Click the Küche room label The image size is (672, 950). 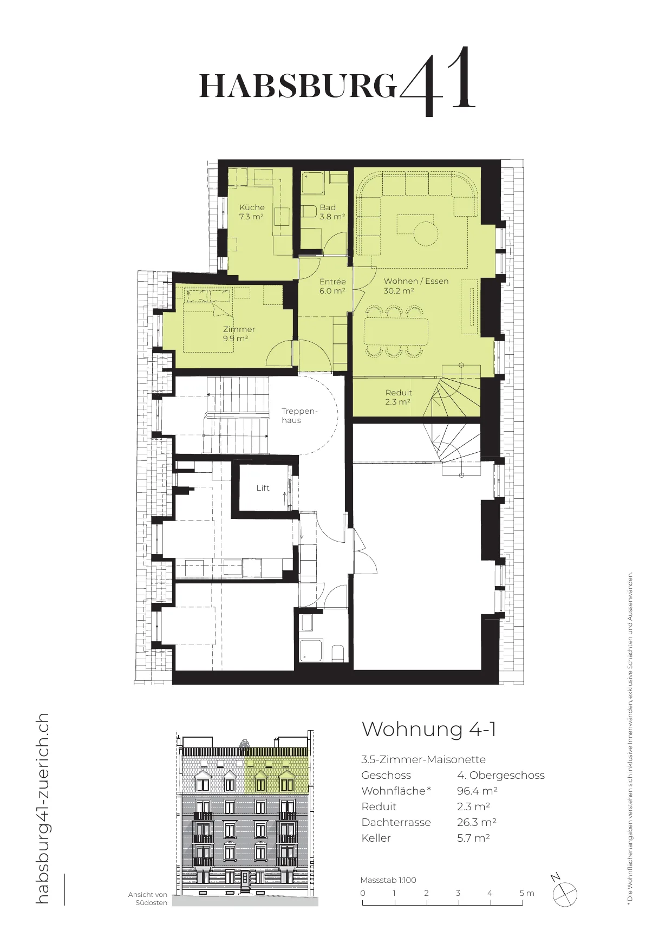coord(252,212)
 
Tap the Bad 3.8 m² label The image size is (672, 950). coord(332,212)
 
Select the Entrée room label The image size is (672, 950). coord(332,286)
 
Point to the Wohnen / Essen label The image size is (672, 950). coord(416,286)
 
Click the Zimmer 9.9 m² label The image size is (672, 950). coord(239,334)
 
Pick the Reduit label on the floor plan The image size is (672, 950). coord(399,397)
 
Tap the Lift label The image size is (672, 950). coord(263,488)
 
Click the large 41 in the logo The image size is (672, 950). coord(438,81)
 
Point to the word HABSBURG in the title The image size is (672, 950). coord(298,86)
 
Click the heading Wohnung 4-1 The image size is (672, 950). coord(429,729)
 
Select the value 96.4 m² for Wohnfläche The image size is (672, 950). coord(477,791)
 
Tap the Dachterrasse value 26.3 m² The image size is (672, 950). coord(477,822)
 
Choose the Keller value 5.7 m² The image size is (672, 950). coord(473,838)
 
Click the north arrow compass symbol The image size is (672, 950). coord(564,893)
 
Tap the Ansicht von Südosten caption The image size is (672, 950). coord(148,899)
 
